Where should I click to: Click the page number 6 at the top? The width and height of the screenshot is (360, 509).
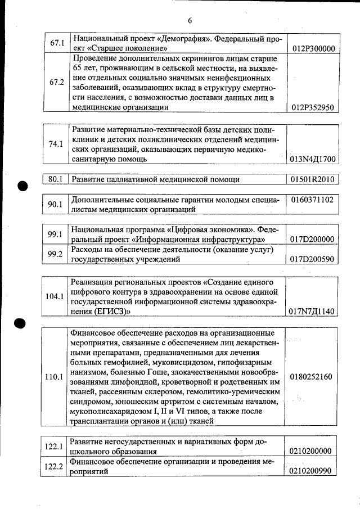click(190, 21)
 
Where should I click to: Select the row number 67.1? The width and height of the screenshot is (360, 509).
click(57, 43)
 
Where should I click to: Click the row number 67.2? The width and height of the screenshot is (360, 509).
click(57, 82)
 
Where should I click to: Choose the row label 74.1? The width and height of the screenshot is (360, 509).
click(56, 144)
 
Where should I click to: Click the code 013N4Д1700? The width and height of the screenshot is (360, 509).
click(313, 159)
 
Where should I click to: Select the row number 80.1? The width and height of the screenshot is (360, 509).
click(55, 179)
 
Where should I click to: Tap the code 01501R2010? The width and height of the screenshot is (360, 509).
click(313, 179)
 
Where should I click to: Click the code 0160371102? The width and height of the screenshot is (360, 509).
click(313, 200)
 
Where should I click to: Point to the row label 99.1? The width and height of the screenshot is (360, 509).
click(55, 235)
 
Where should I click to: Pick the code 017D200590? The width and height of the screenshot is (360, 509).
click(313, 260)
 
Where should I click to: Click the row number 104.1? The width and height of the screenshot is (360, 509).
click(55, 296)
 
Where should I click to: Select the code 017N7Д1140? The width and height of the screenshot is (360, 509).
click(313, 311)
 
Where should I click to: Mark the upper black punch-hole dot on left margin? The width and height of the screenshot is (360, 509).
click(22, 187)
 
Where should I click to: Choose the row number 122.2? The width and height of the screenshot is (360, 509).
click(55, 468)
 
